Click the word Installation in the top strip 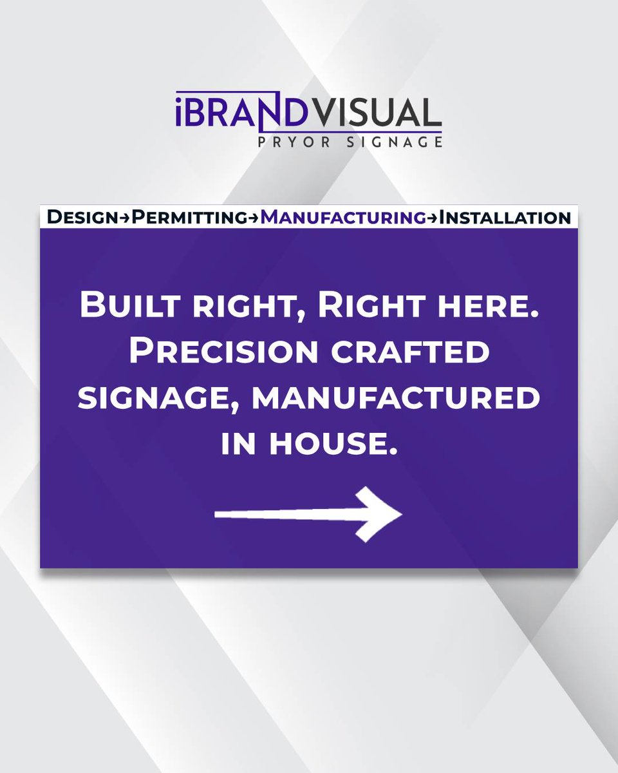tap(505, 218)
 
